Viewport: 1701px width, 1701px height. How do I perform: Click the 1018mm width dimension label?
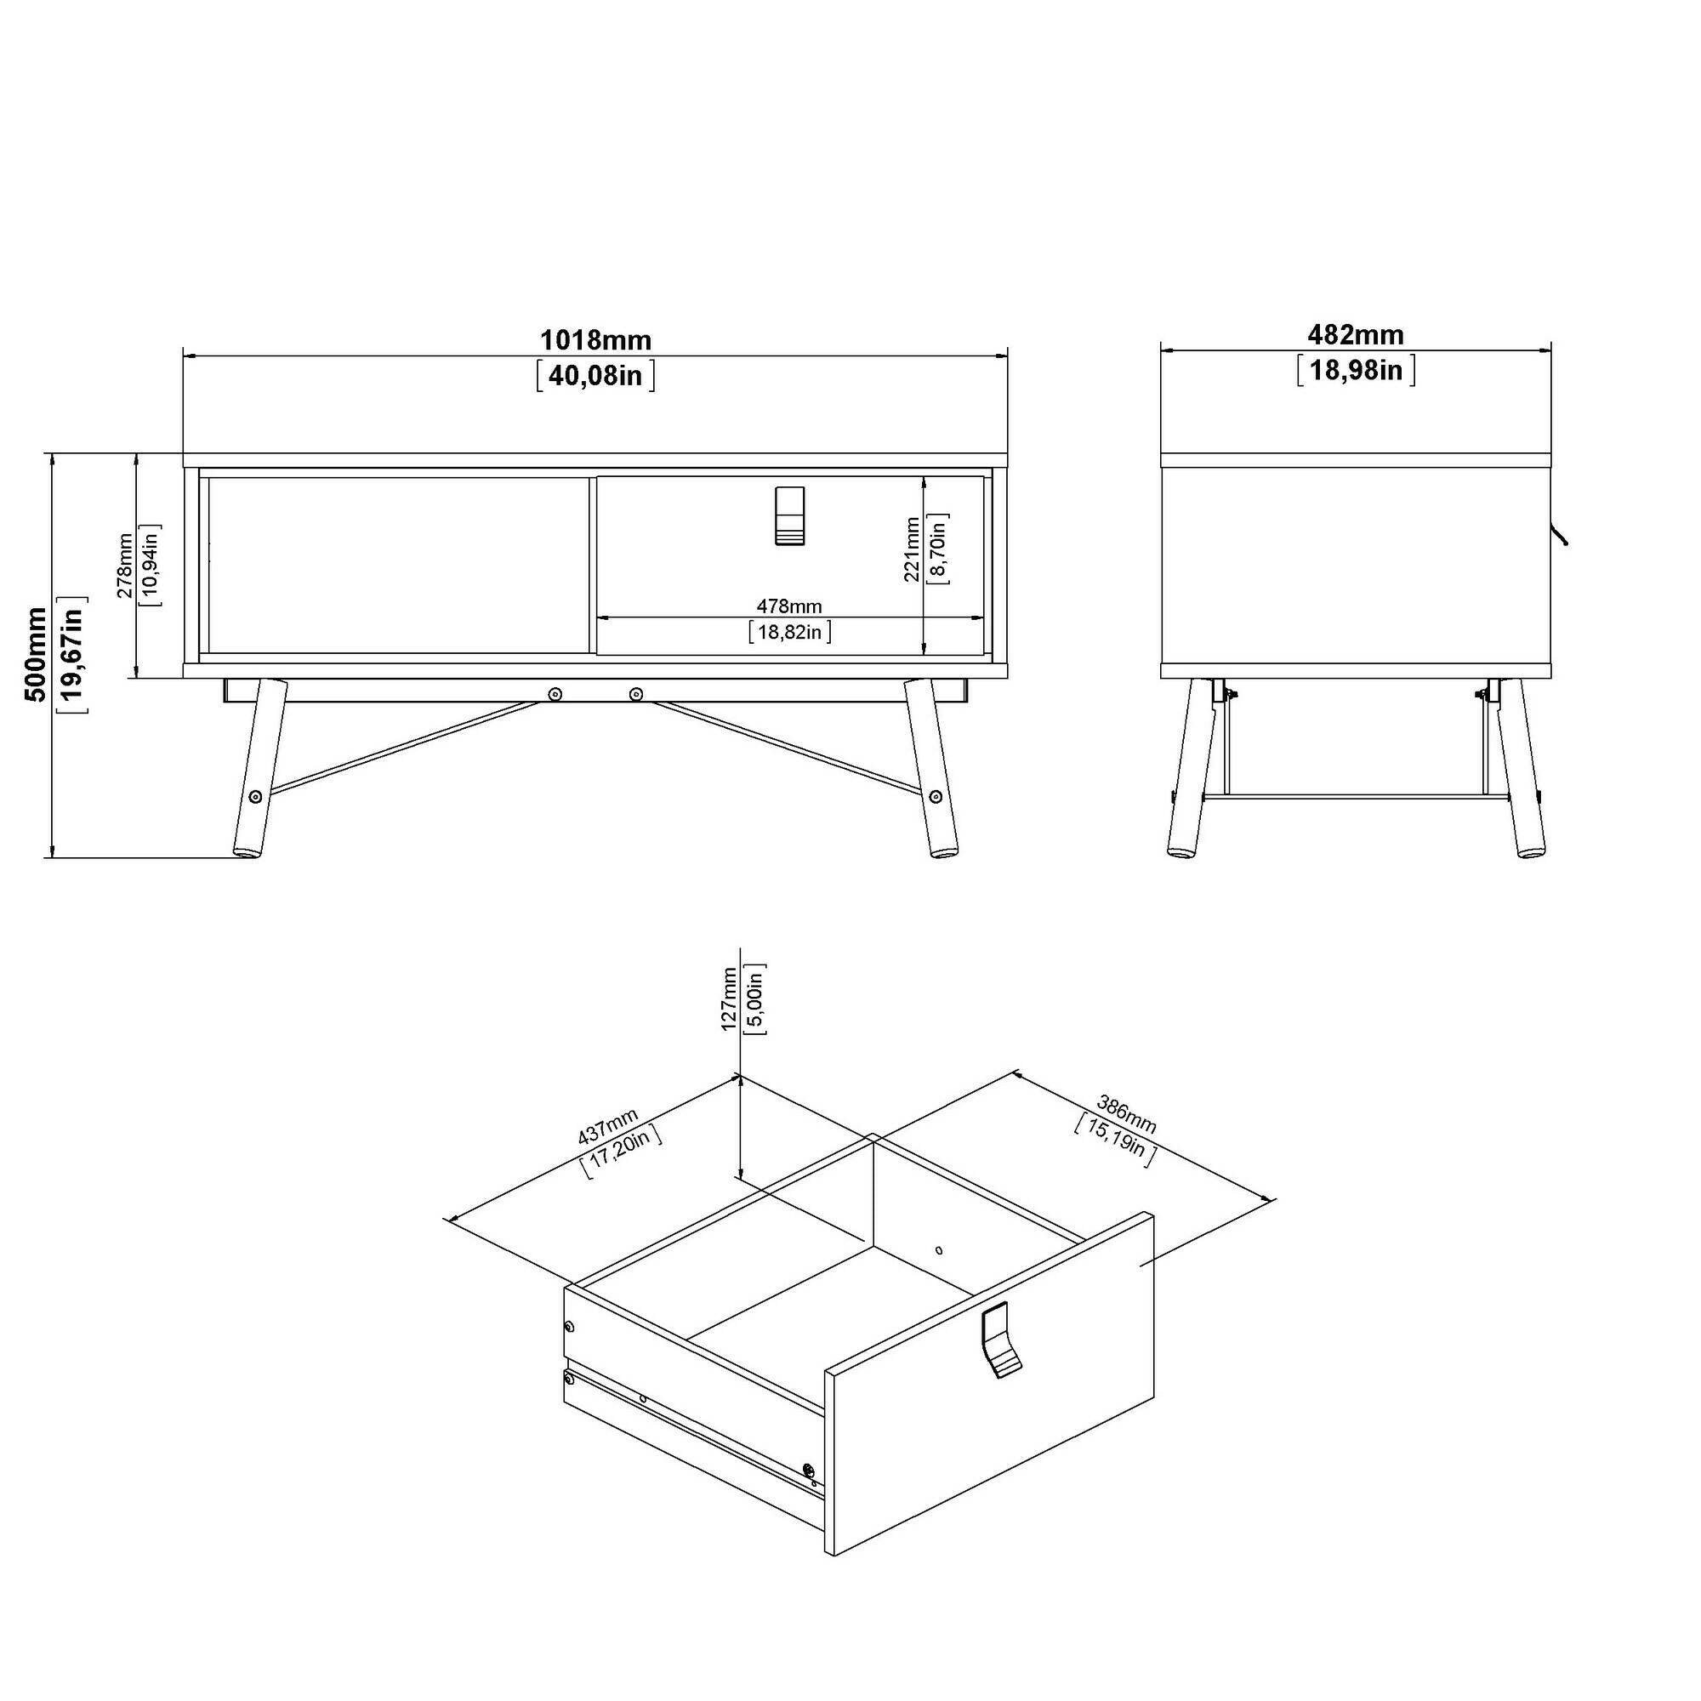coord(595,340)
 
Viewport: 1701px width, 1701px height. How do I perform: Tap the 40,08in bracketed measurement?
coord(595,376)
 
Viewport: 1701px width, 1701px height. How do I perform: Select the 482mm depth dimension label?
coord(1355,334)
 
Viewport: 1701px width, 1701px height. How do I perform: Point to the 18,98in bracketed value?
coord(1355,370)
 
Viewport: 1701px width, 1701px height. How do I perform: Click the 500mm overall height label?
coord(36,653)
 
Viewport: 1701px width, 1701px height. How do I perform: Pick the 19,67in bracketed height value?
coord(72,653)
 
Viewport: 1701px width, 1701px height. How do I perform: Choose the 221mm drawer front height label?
coord(911,549)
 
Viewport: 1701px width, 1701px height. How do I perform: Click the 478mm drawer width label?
coord(789,606)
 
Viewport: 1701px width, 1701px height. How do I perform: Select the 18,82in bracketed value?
coord(789,631)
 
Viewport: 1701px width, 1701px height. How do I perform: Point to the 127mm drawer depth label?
coord(728,998)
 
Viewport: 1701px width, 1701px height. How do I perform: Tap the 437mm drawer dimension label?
coord(607,1127)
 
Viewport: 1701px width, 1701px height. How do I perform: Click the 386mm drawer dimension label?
coord(1126,1114)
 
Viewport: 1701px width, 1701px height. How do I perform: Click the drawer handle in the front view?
coord(790,516)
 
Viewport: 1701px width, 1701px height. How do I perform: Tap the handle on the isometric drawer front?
coord(1000,1340)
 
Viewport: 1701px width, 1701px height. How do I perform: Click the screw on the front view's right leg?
coord(935,798)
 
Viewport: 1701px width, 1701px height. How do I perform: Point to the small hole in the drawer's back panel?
coord(939,1249)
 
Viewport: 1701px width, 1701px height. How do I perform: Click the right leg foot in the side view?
coord(1529,851)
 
